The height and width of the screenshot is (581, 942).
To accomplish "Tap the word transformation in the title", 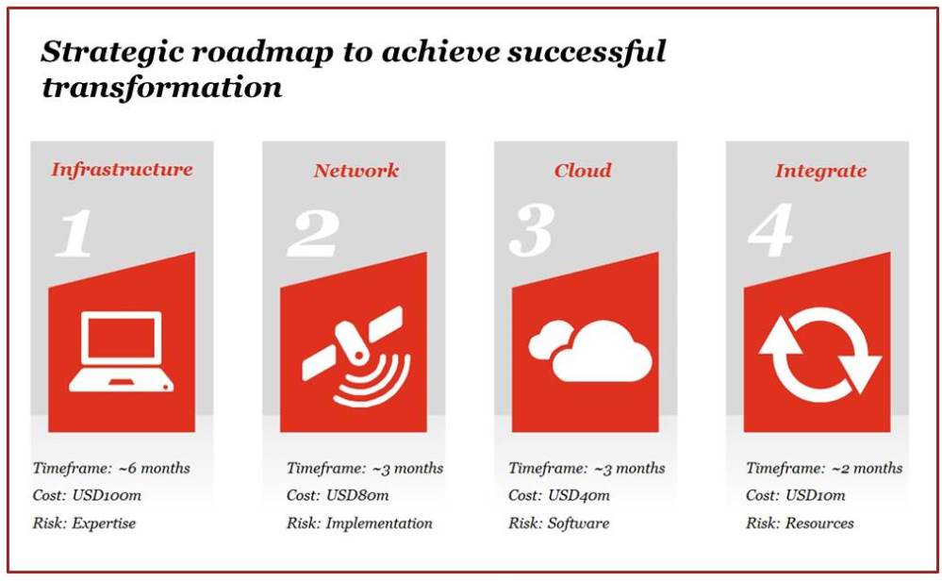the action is coord(161,88).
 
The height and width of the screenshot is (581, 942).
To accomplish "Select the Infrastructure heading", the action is coord(122,170).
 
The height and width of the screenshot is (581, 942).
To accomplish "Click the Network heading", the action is coord(355,171).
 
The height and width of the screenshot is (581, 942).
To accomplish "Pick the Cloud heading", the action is coord(583,171).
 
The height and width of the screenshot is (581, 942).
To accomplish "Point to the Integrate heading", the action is coord(820,172).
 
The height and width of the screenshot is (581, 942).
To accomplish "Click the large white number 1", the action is coord(74,233).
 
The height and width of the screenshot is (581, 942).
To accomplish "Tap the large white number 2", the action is coord(313,233).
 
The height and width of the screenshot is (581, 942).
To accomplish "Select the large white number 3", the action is coord(532,231).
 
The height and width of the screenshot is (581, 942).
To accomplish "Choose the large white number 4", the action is coord(771,231).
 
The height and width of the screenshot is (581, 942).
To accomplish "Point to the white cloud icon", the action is coord(590,351).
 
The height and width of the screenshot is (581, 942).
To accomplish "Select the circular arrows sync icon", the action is coord(820,355).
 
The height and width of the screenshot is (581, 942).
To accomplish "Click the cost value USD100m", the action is coord(107,496).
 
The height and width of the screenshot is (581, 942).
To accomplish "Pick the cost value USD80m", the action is coord(357,496).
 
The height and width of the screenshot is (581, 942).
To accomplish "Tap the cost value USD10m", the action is coord(816,496).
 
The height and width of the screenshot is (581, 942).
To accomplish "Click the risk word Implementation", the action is coord(379,523).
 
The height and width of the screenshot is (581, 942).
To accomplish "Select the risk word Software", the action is coord(578,523).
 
